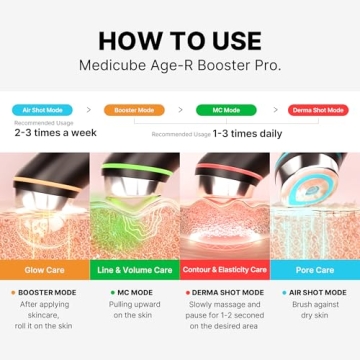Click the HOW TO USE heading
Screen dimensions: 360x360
pyautogui.click(x=180, y=41)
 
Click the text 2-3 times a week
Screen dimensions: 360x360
pyautogui.click(x=56, y=133)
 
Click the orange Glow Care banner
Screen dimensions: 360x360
pyautogui.click(x=45, y=269)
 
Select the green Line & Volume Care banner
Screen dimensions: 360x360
pyautogui.click(x=135, y=269)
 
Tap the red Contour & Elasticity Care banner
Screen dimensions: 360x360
pyautogui.click(x=225, y=269)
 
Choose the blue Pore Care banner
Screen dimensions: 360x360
pyautogui.click(x=314, y=269)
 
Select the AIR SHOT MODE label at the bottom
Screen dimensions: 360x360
pyautogui.click(x=318, y=292)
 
